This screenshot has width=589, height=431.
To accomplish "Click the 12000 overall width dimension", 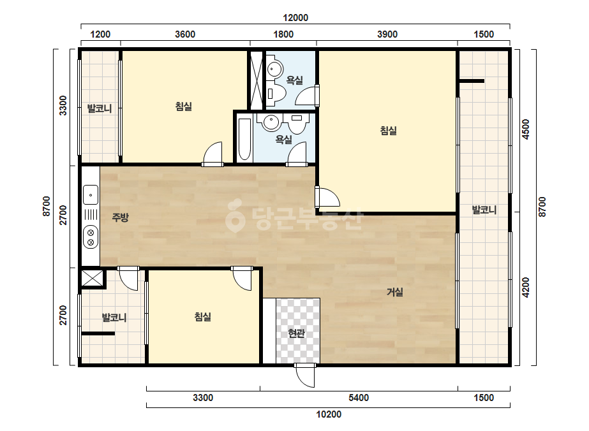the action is click(x=295, y=18).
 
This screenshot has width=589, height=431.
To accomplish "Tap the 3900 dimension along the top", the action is click(x=387, y=34).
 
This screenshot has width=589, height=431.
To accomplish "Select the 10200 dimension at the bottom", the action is click(x=329, y=414).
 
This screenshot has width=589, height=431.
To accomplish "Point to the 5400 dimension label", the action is click(x=359, y=398).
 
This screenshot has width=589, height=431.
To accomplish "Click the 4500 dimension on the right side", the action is click(x=526, y=129).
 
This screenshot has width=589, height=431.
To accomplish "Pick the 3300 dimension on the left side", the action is click(x=63, y=105).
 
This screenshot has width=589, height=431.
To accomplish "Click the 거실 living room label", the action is click(x=395, y=292).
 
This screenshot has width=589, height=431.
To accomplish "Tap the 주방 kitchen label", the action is click(x=120, y=217).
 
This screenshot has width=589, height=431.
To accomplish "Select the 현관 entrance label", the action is click(x=296, y=333).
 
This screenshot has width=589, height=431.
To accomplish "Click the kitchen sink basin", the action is click(x=91, y=195).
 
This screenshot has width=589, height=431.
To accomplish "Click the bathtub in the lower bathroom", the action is click(x=244, y=139).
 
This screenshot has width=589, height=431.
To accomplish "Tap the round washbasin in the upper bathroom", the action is click(x=274, y=68).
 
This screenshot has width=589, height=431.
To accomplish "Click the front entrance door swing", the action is click(x=304, y=376).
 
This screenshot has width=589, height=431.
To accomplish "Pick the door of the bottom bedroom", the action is click(x=242, y=279).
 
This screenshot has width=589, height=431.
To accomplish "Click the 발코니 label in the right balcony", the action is click(x=484, y=210).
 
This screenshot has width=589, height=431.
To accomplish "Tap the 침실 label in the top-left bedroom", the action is click(x=184, y=106).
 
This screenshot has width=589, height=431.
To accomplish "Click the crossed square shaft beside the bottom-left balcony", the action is click(x=93, y=278).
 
